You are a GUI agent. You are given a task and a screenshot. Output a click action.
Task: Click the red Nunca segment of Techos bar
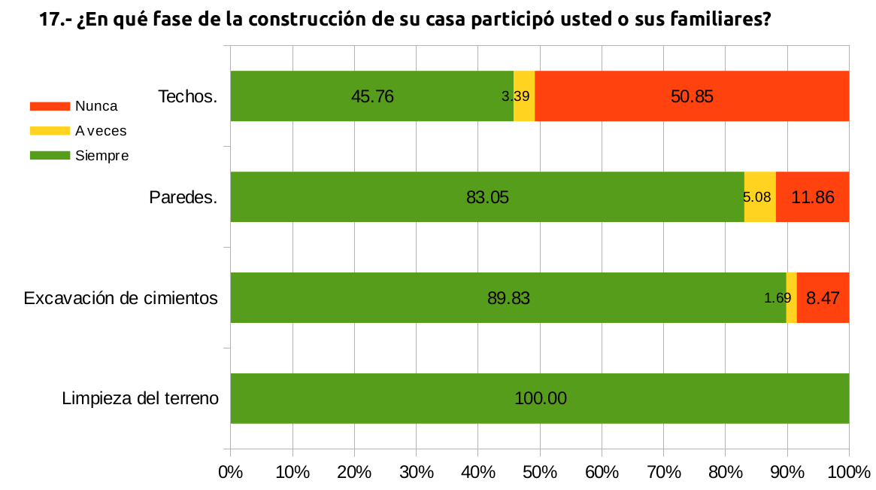pos(692,96)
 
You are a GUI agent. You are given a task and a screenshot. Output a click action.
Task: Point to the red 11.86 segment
pos(812,196)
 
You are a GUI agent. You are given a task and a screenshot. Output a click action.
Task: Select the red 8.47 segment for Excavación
pos(823,297)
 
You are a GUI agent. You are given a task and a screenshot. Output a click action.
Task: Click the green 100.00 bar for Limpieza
pos(540,398)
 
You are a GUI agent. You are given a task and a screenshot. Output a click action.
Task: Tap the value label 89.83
pos(509,298)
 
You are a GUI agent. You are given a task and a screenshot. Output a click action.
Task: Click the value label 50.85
pos(692,96)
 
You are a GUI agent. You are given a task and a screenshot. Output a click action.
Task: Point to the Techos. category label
pos(188,96)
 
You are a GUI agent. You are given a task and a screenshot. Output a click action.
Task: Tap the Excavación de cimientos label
pos(121,298)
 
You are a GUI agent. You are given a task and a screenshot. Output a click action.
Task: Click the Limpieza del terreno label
pos(141,398)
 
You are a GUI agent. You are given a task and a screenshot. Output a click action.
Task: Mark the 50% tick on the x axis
pos(540,472)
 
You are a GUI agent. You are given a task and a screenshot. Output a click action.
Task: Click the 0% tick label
pos(230,472)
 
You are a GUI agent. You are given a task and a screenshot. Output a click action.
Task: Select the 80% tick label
pos(726,472)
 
